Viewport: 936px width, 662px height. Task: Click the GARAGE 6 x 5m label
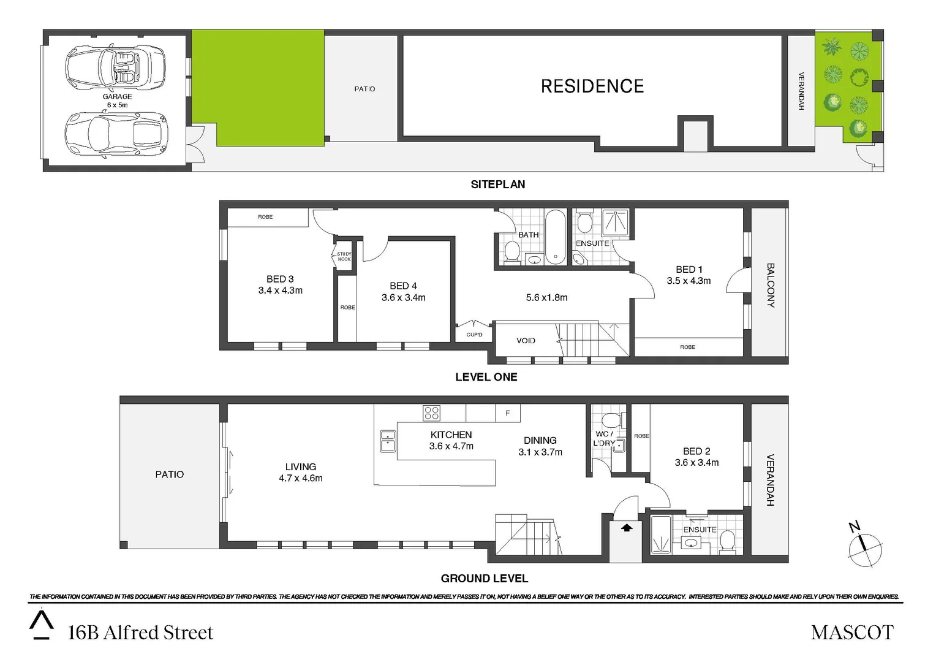point(117,101)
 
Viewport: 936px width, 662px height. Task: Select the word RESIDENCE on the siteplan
point(592,86)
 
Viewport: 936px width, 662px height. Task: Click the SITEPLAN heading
point(497,185)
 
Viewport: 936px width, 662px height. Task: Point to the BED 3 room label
point(280,280)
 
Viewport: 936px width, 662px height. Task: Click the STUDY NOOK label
point(344,256)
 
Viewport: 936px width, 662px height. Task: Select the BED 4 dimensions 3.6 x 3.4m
point(403,298)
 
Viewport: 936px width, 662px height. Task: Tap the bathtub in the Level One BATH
point(556,237)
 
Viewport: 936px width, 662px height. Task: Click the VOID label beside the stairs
point(526,341)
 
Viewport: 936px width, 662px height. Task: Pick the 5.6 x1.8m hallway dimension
point(546,298)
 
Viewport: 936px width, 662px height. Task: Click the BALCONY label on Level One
point(771,285)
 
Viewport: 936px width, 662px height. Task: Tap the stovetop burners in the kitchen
point(431,413)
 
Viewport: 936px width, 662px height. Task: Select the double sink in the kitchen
point(387,441)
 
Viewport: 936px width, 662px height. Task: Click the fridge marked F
point(507,413)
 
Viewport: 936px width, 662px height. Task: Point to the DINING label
point(540,441)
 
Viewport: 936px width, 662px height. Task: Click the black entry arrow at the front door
point(627,527)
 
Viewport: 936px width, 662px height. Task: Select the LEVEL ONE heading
point(486,377)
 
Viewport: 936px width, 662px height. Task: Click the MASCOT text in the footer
point(851,633)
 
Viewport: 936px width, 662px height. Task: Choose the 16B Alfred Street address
point(140,633)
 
